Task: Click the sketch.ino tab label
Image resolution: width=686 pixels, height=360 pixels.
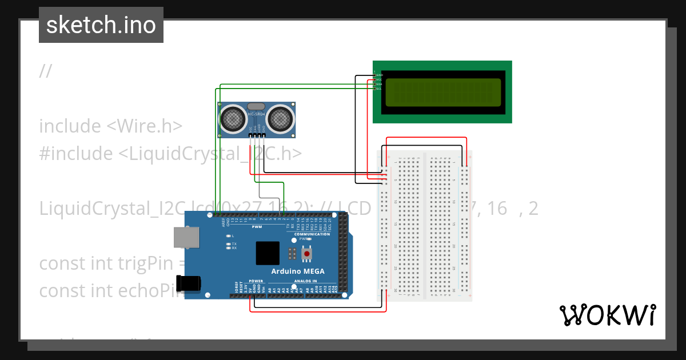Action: click(x=101, y=25)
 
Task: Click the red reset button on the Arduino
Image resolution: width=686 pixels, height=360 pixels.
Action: click(x=307, y=253)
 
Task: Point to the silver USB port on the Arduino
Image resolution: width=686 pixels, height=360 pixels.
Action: click(x=186, y=238)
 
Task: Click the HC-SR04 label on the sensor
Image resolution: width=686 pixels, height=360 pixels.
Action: click(x=257, y=115)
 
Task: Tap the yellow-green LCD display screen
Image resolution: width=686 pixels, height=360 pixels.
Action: click(x=442, y=93)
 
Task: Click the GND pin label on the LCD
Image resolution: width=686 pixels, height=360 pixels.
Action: click(x=379, y=75)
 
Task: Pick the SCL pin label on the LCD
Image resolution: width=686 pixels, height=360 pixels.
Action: click(x=378, y=89)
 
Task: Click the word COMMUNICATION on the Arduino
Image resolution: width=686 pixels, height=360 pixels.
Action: click(x=312, y=234)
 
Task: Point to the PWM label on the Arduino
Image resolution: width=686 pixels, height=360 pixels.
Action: click(x=256, y=226)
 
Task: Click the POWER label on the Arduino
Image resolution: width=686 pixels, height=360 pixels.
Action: click(x=256, y=281)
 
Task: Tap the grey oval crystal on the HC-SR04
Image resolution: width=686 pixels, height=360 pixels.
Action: click(x=257, y=106)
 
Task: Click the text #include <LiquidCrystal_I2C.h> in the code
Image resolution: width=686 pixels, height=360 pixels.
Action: click(x=170, y=153)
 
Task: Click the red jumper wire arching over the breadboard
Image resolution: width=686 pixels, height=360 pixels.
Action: click(x=426, y=138)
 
